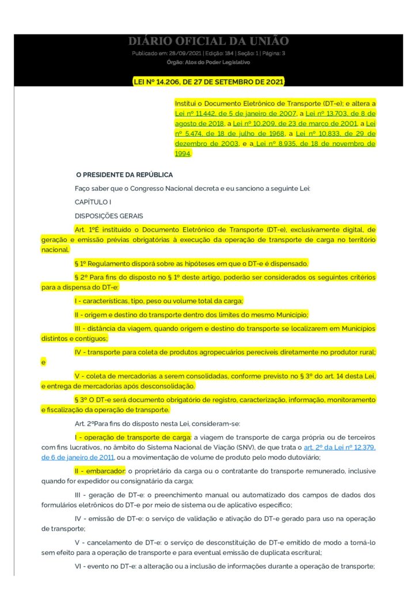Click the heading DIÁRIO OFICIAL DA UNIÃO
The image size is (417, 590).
(x=208, y=41)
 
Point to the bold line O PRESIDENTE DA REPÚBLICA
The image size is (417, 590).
(x=124, y=175)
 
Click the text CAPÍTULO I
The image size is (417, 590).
(x=93, y=202)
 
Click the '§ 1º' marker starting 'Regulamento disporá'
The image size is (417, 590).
(x=82, y=263)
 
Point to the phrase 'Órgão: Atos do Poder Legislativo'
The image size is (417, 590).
(x=208, y=62)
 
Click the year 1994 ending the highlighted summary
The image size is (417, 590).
(x=183, y=154)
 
